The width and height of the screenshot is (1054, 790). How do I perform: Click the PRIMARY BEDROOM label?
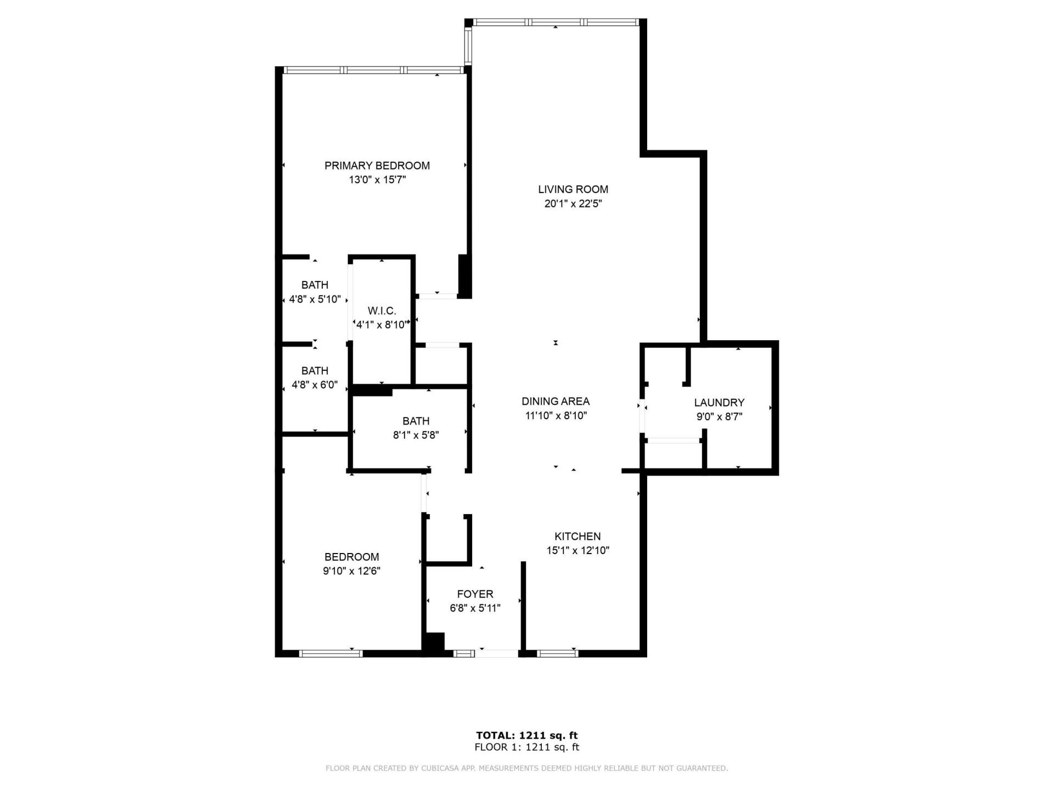coord(377,166)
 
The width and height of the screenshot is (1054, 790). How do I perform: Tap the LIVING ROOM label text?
coord(573,189)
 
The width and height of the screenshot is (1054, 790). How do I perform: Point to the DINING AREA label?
coord(555,402)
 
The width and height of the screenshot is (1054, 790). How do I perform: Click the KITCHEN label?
coord(577,537)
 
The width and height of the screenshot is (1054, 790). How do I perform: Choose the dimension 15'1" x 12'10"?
coord(578,550)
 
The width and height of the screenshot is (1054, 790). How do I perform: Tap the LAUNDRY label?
coord(719,403)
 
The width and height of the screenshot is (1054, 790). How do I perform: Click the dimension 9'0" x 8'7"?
coord(719,417)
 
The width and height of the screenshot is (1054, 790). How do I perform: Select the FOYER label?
coord(475,594)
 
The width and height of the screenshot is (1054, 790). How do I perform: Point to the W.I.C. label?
coord(382,311)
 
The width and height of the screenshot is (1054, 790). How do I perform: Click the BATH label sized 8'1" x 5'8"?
coord(416,421)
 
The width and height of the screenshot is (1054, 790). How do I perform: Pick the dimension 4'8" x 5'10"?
coord(315,300)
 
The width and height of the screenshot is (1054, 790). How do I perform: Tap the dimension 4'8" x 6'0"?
coord(315,385)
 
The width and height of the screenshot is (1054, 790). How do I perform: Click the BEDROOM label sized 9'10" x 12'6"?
coord(351,557)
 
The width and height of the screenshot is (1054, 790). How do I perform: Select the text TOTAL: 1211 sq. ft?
coord(526,736)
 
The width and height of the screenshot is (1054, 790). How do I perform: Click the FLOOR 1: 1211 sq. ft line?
coord(526,747)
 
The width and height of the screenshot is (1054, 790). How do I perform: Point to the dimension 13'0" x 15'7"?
coord(377,179)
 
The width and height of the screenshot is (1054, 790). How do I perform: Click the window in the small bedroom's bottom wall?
coord(330,653)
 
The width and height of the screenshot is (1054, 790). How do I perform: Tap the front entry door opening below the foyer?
coord(497,653)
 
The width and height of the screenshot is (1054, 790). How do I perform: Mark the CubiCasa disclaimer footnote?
coord(526,769)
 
